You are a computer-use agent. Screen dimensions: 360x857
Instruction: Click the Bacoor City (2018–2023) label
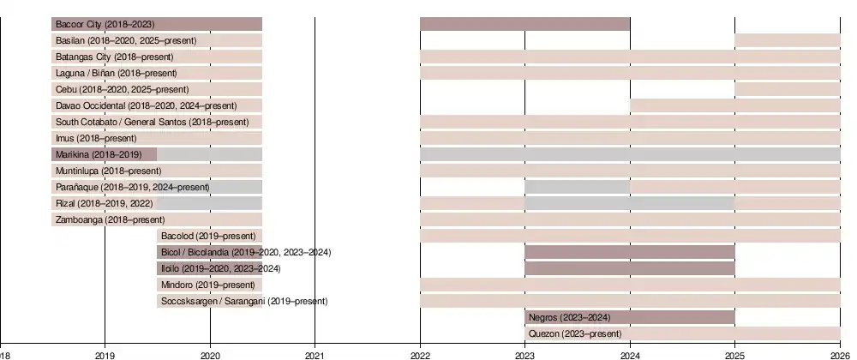pos(105,24)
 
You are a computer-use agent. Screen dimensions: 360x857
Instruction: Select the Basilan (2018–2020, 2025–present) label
pos(126,40)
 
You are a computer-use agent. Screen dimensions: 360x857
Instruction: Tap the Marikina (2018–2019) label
pos(99,154)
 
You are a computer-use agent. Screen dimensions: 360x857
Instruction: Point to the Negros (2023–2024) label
pos(569,317)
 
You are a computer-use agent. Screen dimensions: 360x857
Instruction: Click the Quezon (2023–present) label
pos(575,333)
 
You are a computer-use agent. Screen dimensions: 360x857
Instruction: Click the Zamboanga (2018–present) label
pos(110,219)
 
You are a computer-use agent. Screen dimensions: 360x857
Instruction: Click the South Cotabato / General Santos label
pos(153,122)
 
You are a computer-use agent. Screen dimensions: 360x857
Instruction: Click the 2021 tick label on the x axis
pos(315,353)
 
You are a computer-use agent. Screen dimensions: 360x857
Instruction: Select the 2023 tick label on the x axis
pos(524,353)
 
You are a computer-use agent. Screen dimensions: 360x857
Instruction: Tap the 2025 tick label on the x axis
pos(734,353)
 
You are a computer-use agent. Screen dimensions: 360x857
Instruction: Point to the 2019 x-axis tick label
pos(105,353)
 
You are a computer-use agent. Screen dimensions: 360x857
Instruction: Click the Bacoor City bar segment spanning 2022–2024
pos(524,24)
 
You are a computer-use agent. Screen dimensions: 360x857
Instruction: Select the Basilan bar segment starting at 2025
pos(787,40)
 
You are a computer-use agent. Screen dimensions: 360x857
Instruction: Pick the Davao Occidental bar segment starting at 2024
pos(734,105)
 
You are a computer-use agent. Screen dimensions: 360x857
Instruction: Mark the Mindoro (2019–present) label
pos(208,285)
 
